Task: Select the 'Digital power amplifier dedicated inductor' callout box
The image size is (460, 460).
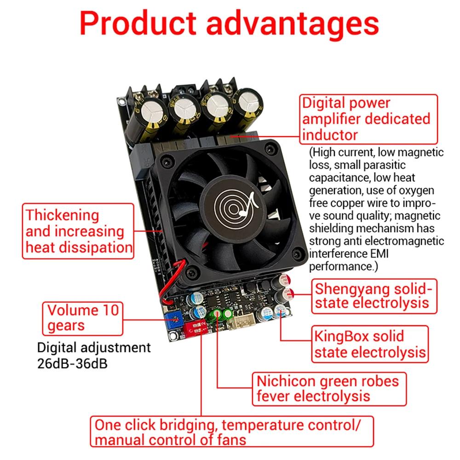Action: point(368,119)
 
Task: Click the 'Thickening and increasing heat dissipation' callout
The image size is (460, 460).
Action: point(78,231)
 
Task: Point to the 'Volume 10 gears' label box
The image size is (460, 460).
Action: point(83,319)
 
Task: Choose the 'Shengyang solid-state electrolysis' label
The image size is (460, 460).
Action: point(374,296)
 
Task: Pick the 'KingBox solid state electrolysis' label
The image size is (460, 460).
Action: point(370,344)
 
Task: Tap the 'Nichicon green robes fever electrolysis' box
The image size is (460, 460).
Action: point(329,389)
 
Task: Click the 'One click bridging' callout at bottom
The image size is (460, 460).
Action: point(232,431)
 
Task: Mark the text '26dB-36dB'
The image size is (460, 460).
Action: point(73,363)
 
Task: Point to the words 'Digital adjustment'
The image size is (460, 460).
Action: point(94,348)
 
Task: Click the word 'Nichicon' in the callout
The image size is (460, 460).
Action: point(286,381)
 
